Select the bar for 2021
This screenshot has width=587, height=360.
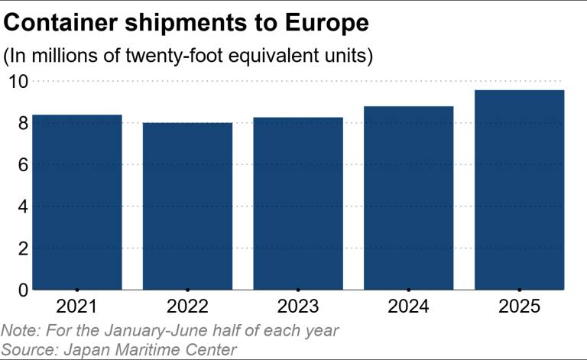76,202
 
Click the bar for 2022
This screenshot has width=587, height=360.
187,206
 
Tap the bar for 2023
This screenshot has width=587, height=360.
298,203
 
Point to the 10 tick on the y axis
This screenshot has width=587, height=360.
17,81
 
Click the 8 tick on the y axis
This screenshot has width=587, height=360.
22,123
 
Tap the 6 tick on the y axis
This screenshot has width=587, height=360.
22,164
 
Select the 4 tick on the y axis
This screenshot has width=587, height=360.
22,206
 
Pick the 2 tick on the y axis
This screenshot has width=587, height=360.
22,248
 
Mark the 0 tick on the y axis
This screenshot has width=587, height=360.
22,290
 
